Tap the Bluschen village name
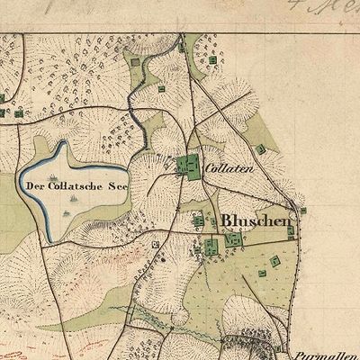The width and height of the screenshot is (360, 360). [244, 219]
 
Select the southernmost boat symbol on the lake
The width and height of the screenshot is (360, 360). [67, 212]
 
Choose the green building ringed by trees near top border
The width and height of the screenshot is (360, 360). [212, 59]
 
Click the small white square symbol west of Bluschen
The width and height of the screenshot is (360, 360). [156, 243]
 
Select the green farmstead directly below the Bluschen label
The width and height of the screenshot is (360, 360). [234, 240]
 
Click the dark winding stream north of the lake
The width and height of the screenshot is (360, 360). [133, 112]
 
